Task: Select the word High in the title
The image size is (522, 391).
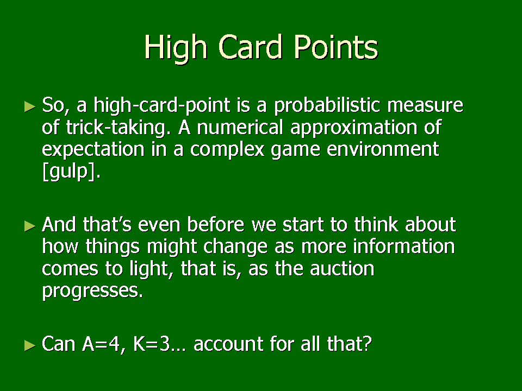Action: coord(175,49)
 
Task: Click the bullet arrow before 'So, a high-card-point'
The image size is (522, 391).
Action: coord(30,107)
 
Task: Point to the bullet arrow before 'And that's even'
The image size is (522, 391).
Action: coord(30,226)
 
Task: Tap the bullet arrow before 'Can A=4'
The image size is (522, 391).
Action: coord(30,345)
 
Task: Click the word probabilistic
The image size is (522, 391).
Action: coord(327,106)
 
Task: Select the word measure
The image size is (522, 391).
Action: coord(425,106)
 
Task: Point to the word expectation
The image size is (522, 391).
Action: coord(93,150)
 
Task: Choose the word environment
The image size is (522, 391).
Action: coord(383,149)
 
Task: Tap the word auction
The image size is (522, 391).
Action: coord(342,269)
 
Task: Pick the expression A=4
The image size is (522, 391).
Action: coord(101,344)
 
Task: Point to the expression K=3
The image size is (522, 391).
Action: coord(151,344)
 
